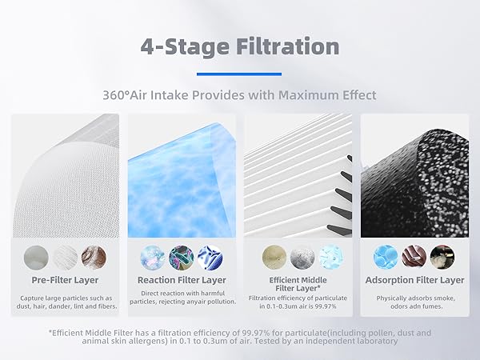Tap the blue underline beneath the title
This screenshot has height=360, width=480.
pos(239,74)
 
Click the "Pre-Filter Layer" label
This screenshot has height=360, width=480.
pos(65,280)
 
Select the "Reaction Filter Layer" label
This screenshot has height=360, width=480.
pos(182,280)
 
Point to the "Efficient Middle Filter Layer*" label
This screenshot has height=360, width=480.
pos(298,285)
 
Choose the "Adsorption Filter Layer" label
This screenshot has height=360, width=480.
pos(414,280)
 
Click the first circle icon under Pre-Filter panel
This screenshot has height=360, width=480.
pos(36,256)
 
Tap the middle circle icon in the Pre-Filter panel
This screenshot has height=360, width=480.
pos(65,256)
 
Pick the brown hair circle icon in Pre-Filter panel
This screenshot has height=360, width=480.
pos(94,256)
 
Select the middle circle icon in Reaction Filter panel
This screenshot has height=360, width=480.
pos(182,256)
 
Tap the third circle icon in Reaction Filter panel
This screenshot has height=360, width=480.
pos(210,256)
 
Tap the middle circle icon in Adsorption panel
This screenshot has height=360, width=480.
pos(414,256)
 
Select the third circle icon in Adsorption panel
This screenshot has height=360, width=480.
pos(442,256)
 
